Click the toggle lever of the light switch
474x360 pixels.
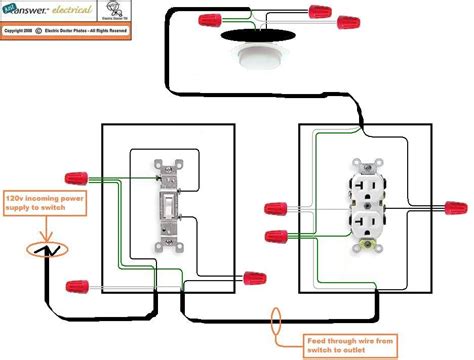167,207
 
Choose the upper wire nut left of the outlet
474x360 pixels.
276,210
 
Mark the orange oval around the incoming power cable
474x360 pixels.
41,250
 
